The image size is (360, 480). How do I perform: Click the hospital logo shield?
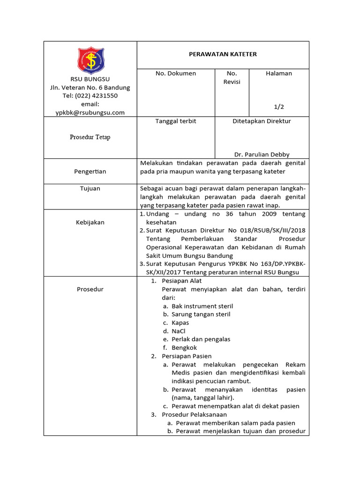(90, 60)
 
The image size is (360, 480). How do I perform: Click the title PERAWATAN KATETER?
(223, 54)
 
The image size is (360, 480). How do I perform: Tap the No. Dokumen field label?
(176, 74)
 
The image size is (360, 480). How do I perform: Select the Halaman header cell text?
(279, 74)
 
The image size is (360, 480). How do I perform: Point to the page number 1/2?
(279, 107)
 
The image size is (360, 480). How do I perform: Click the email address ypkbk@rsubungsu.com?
(90, 112)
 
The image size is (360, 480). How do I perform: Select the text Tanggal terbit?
(176, 121)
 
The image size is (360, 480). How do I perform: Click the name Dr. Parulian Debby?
(262, 155)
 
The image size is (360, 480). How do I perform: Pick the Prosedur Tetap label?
(90, 138)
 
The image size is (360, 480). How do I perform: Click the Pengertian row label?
(90, 172)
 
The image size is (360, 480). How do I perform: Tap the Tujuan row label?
(90, 188)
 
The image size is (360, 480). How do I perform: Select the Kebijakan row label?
(90, 222)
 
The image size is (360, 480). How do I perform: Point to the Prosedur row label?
(90, 289)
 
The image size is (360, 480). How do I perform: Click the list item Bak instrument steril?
(202, 306)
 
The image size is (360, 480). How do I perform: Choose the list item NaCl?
(179, 331)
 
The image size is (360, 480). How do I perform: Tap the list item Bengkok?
(184, 348)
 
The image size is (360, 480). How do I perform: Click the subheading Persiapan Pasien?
(187, 356)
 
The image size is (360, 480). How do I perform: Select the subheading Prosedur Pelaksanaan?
(194, 415)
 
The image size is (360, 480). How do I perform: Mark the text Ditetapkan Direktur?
(262, 121)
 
